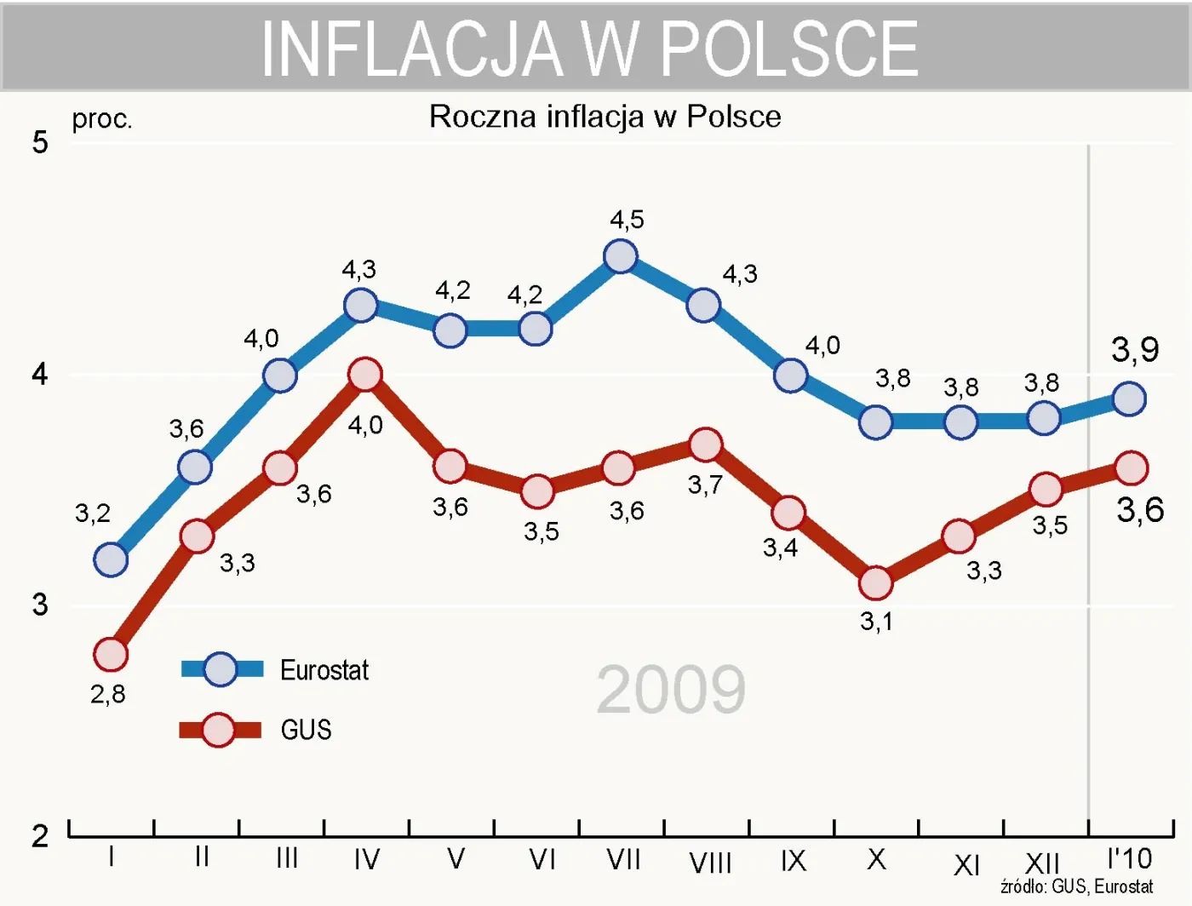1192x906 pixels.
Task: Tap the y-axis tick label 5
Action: pos(40,142)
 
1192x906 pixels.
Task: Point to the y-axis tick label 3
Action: pos(40,605)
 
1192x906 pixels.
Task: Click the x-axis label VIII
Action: pos(710,863)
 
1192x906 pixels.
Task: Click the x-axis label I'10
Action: pos(1129,858)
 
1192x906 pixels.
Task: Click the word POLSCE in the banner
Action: pos(789,49)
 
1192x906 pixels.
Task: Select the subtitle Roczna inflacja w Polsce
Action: pos(605,117)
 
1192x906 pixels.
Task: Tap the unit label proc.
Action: pos(102,119)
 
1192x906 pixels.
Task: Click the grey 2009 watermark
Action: pos(671,689)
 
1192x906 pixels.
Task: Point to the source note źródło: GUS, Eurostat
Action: pos(1076,886)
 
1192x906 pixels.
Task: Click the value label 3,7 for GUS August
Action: pos(705,485)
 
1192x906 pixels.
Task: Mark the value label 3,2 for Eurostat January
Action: pos(93,513)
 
